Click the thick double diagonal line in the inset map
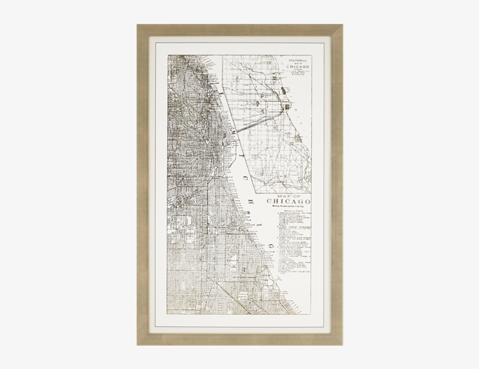pos(248,123)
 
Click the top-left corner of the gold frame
pos(138,25)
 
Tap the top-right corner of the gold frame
pos(342,25)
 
